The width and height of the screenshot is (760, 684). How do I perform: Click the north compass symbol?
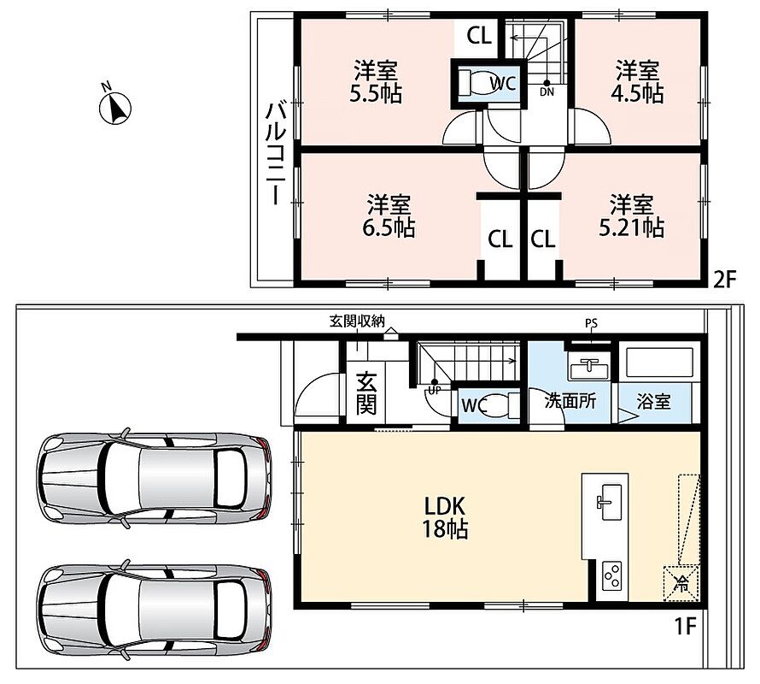click(x=115, y=108)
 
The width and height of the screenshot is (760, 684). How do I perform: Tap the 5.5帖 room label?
click(x=376, y=81)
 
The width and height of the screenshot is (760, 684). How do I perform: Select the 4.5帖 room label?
click(x=637, y=81)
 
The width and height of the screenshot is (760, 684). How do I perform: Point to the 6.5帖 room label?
click(x=389, y=215)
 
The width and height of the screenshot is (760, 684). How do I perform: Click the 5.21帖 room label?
click(x=631, y=215)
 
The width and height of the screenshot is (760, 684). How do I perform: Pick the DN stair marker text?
click(x=547, y=91)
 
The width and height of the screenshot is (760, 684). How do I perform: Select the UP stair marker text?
click(x=434, y=390)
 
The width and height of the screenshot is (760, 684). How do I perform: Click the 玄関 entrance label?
click(x=366, y=393)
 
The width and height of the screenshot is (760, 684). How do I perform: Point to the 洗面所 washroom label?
click(x=570, y=402)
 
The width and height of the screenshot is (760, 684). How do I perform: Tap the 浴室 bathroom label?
click(x=653, y=402)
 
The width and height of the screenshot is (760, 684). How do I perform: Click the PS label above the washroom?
click(x=591, y=324)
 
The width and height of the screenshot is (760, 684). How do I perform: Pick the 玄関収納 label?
click(x=357, y=321)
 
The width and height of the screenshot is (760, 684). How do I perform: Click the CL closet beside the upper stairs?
click(x=479, y=36)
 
